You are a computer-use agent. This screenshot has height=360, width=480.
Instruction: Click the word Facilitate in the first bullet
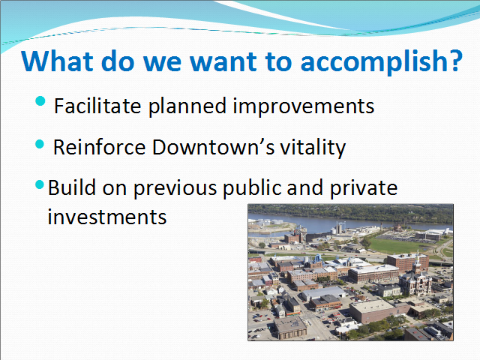pos(97,106)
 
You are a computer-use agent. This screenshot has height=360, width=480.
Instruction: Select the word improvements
pos(304,106)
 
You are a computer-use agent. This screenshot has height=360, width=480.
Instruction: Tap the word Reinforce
pos(99,147)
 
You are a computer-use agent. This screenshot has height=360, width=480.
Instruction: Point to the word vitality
pos(313,148)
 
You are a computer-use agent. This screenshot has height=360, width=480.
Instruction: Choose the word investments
pos(107,217)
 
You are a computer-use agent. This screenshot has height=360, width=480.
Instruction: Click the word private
pos(364,187)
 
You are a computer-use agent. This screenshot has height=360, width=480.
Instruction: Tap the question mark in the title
pos(455,61)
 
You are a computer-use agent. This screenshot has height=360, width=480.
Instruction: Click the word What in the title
pos(57,61)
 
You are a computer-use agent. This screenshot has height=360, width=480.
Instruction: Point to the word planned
pos(187,106)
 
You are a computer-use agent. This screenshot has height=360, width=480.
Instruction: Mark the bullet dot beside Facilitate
pos(40,100)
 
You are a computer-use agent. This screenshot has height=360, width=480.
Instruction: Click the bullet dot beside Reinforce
pos(40,144)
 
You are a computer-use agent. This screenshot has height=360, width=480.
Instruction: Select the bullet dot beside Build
pos(40,184)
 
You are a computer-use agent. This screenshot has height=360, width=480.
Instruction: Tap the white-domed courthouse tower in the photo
pos(417,260)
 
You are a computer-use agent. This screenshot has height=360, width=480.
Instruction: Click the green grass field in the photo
pos(395,245)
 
